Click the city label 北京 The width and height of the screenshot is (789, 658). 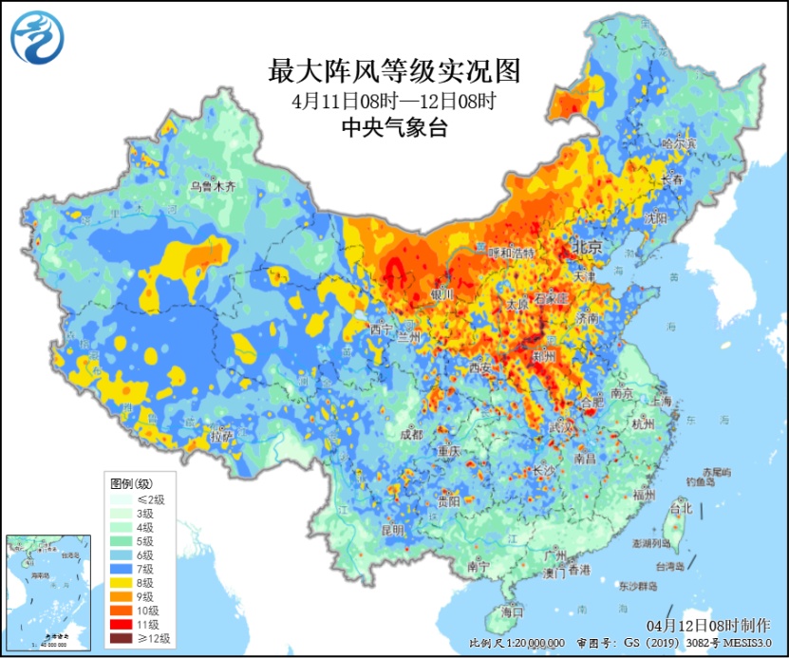pyautogui.click(x=587, y=247)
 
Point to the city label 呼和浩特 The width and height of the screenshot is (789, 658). pyautogui.click(x=512, y=253)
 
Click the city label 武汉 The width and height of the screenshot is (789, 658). pyautogui.click(x=563, y=428)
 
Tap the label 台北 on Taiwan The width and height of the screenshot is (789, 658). pyautogui.click(x=681, y=508)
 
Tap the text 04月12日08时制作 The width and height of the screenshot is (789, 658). pyautogui.click(x=707, y=626)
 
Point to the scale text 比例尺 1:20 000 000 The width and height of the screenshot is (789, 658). pyautogui.click(x=517, y=643)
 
